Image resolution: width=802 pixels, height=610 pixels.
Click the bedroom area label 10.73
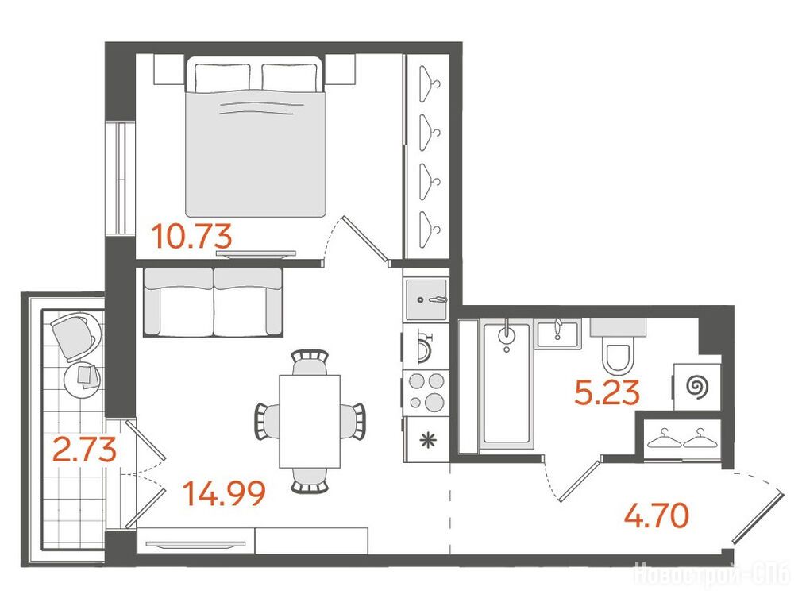[x=192, y=237]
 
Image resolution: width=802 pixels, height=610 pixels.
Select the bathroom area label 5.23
[x=607, y=393]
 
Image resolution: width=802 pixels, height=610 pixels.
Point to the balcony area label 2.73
[x=86, y=450]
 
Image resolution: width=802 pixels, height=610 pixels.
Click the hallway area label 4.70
[x=657, y=515]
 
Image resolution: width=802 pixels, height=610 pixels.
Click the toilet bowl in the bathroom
[x=618, y=356]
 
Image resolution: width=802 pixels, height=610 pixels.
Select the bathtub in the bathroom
[x=506, y=384]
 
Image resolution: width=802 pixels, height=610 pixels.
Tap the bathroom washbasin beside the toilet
[x=558, y=334]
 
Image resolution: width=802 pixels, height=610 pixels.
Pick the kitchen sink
[x=426, y=299]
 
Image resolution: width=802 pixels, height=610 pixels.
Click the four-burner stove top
[x=426, y=392]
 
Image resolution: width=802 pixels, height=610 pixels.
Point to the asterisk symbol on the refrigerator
[x=426, y=440]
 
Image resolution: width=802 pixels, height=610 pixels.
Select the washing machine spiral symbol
[x=696, y=386]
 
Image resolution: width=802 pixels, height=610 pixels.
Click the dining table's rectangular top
[x=310, y=421]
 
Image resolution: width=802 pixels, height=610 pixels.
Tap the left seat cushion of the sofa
[x=179, y=302]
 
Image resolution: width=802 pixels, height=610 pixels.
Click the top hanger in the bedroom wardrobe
[x=430, y=83]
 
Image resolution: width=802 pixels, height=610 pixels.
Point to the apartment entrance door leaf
[x=757, y=517]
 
